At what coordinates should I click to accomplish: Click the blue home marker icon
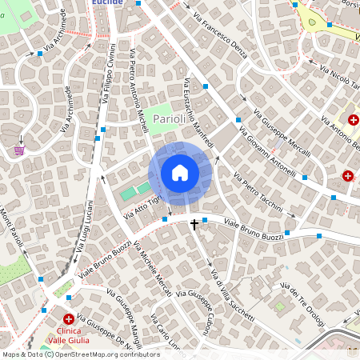coord(180,173)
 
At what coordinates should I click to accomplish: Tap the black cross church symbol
coord(194,226)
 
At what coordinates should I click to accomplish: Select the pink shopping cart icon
coord(19,150)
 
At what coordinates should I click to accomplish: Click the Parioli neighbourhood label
coord(169,119)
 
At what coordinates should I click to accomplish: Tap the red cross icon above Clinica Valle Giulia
coord(70,318)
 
